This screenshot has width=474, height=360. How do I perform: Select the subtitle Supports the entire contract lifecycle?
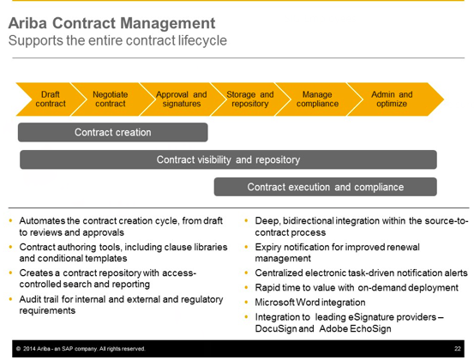[x=117, y=40]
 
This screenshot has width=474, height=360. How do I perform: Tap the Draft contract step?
[x=50, y=99]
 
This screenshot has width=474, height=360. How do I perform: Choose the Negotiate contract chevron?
[x=110, y=99]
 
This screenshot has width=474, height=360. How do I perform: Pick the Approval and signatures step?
[x=181, y=99]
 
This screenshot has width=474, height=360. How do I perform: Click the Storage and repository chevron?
[x=249, y=99]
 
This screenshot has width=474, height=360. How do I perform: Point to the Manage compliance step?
[x=317, y=99]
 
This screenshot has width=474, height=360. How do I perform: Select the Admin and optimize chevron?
[x=392, y=99]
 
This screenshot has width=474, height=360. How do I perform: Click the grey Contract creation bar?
[x=112, y=133]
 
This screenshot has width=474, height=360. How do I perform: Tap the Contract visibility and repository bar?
[x=228, y=159]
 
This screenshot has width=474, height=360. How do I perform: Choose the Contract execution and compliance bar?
[x=325, y=187]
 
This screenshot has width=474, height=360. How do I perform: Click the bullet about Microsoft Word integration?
[x=310, y=302]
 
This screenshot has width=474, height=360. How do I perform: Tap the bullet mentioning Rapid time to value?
[x=357, y=288]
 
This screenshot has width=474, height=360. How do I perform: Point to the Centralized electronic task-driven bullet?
[x=357, y=273]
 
